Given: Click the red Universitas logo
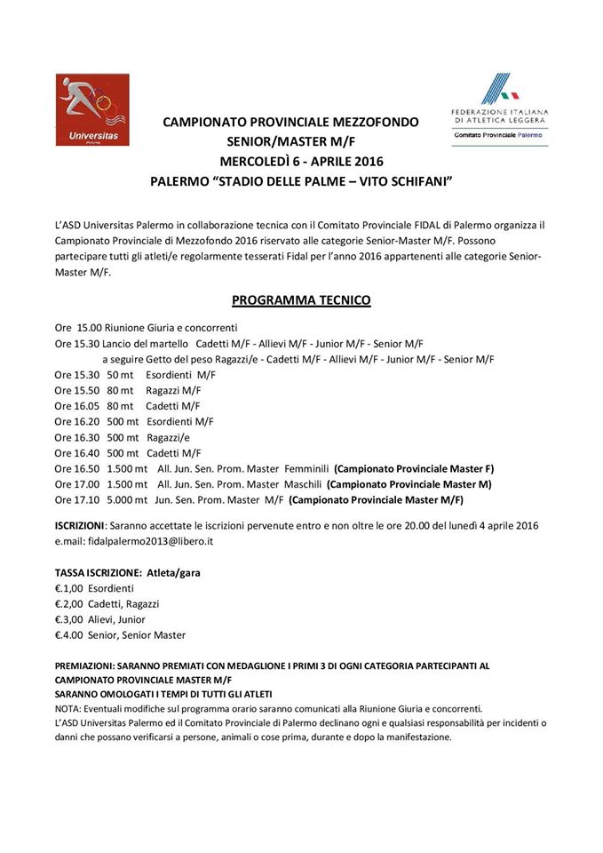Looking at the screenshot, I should [x=92, y=110].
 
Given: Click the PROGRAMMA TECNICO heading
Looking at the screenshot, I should [x=301, y=300].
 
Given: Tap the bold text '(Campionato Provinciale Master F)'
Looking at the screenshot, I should [x=414, y=468].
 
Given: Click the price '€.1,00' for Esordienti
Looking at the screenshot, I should [x=68, y=588].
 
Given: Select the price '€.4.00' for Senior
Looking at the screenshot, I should [x=68, y=635].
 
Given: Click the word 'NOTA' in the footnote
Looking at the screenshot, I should [x=68, y=708].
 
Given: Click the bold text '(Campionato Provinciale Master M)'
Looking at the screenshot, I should [x=409, y=484].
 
